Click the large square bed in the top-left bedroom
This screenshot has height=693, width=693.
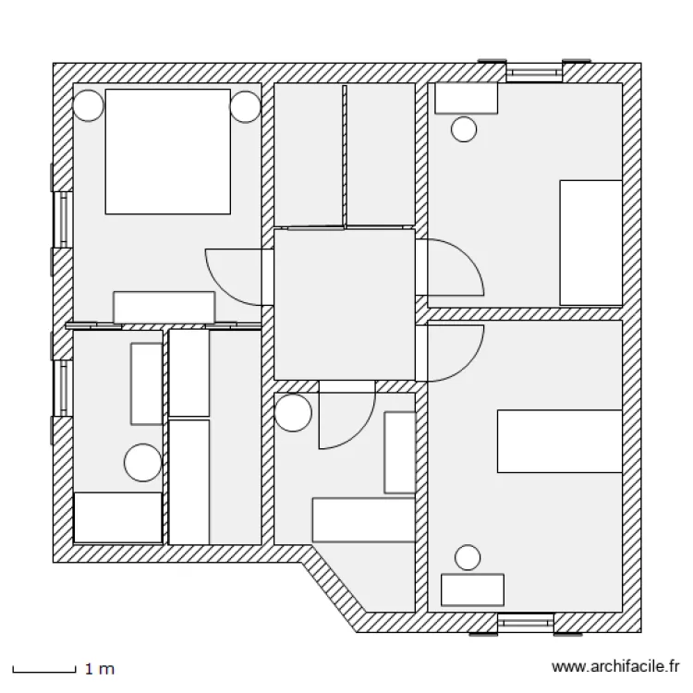tap(168, 152)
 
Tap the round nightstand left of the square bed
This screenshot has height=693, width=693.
tap(88, 105)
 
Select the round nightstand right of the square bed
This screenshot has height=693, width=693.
tap(245, 106)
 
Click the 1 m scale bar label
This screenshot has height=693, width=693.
tap(100, 669)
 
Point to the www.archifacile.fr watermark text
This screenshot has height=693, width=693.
tap(615, 666)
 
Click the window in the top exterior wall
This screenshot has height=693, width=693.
tap(534, 71)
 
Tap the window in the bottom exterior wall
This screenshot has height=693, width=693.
tap(526, 623)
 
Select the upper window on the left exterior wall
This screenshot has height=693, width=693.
tap(62, 220)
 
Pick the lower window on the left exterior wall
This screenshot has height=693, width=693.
tap(62, 388)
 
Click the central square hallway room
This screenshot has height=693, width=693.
tap(345, 304)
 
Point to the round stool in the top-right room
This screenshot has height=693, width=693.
tap(464, 129)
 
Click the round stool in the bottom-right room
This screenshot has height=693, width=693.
tap(468, 557)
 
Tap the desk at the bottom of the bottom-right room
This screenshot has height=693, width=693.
tap(472, 590)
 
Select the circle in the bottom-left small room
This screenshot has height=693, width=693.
tap(142, 462)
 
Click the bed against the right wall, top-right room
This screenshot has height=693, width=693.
tap(591, 243)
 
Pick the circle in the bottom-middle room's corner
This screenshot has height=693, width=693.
tap(293, 412)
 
